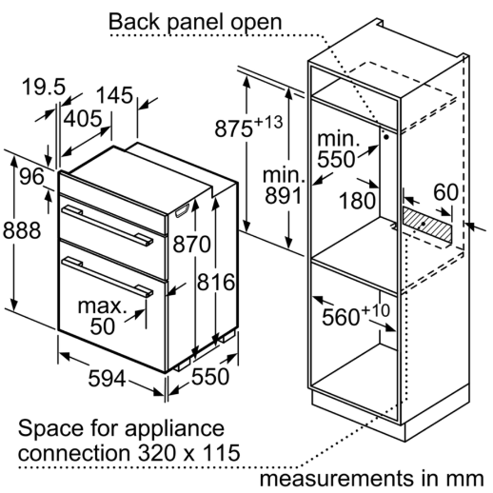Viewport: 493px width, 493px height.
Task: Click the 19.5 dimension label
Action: [x=44, y=87]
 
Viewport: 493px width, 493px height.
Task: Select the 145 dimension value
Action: [x=114, y=95]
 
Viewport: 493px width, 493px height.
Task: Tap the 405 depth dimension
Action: [x=83, y=118]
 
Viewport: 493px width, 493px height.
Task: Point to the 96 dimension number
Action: [x=31, y=176]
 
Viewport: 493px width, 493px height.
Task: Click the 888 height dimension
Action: [x=22, y=230]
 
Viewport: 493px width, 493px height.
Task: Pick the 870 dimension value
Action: [x=191, y=244]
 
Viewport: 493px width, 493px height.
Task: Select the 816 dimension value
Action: [x=216, y=282]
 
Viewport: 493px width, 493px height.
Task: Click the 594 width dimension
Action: [x=107, y=378]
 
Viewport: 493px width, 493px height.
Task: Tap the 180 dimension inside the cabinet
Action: [x=357, y=201]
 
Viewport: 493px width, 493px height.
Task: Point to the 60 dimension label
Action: [x=445, y=192]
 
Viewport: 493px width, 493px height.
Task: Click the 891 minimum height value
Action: [x=284, y=195]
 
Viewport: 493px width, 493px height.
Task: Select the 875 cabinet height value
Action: [x=234, y=128]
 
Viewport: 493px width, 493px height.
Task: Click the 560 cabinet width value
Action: [x=341, y=317]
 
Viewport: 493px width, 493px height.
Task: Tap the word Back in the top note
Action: [x=134, y=22]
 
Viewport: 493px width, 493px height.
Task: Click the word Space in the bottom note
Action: [x=51, y=429]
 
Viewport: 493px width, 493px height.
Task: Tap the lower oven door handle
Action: [x=108, y=277]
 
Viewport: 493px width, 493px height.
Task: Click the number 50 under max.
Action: [x=102, y=325]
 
